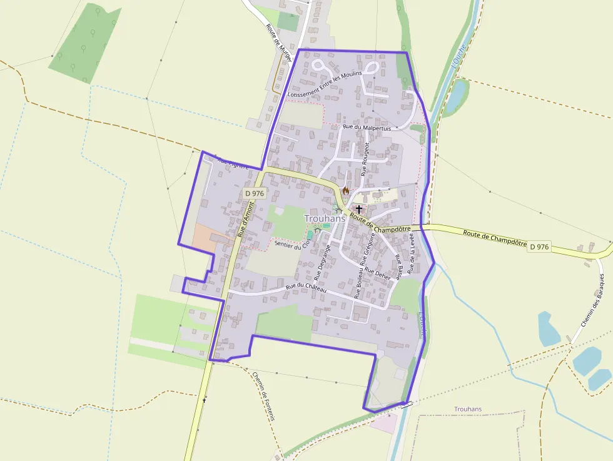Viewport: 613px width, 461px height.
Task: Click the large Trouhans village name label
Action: [325, 218]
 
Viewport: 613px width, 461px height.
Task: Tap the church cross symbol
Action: [359, 209]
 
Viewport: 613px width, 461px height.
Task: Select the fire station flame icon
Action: [345, 190]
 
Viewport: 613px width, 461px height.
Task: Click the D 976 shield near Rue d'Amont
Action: [255, 195]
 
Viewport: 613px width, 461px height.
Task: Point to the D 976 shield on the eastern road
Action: [539, 247]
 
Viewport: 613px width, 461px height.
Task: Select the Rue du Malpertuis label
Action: [368, 128]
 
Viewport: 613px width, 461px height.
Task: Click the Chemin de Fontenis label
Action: [263, 397]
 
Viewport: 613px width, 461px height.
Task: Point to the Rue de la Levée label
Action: [412, 253]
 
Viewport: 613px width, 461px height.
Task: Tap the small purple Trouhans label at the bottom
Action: [468, 409]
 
